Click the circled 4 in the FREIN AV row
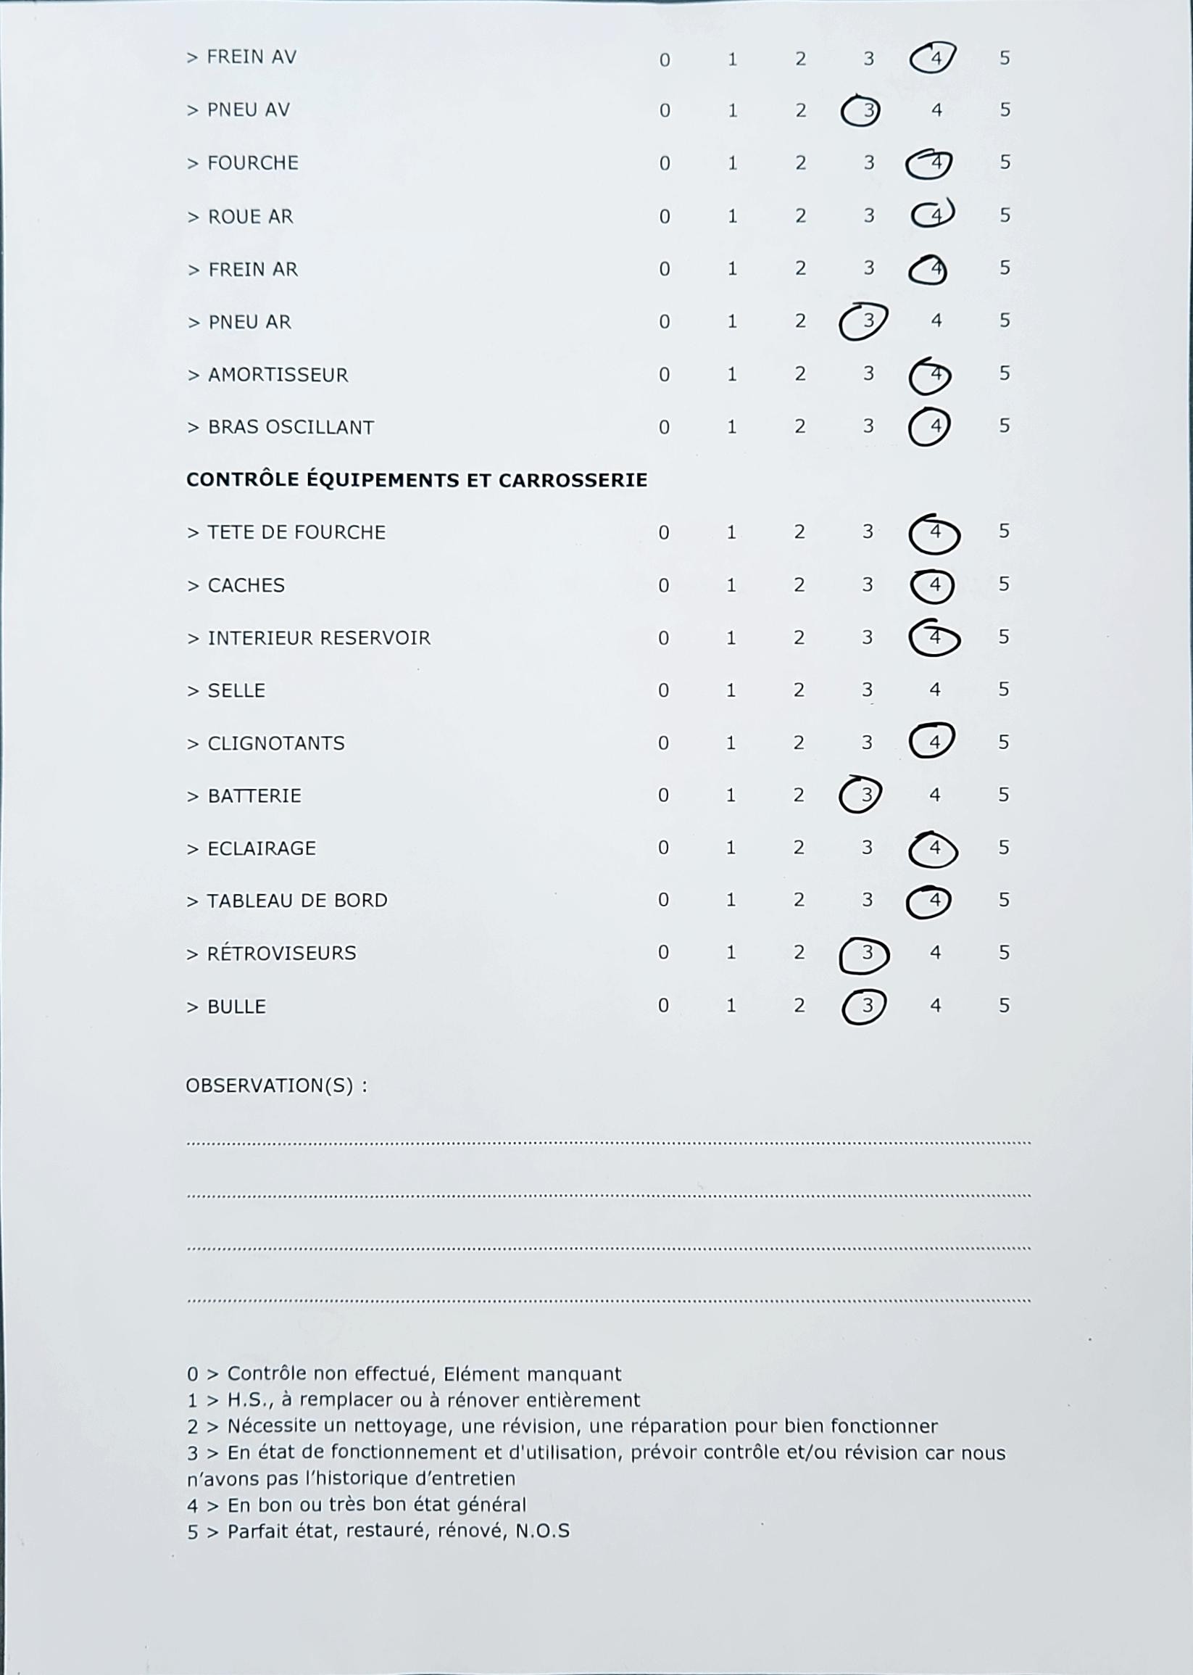[934, 58]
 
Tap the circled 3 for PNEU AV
[867, 111]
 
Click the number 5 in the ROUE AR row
[1005, 215]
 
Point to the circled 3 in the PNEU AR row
[868, 321]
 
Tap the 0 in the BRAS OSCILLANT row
[663, 427]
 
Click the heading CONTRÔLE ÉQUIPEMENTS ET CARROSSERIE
[417, 480]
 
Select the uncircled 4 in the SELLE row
[934, 690]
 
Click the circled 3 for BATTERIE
[865, 795]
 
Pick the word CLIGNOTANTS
[275, 743]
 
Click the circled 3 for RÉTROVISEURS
[866, 954]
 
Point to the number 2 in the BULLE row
[799, 1006]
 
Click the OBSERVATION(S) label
[276, 1085]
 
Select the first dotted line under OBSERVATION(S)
[608, 1143]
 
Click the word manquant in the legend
[574, 1373]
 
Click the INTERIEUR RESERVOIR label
[319, 637]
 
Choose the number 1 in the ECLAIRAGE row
[730, 848]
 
